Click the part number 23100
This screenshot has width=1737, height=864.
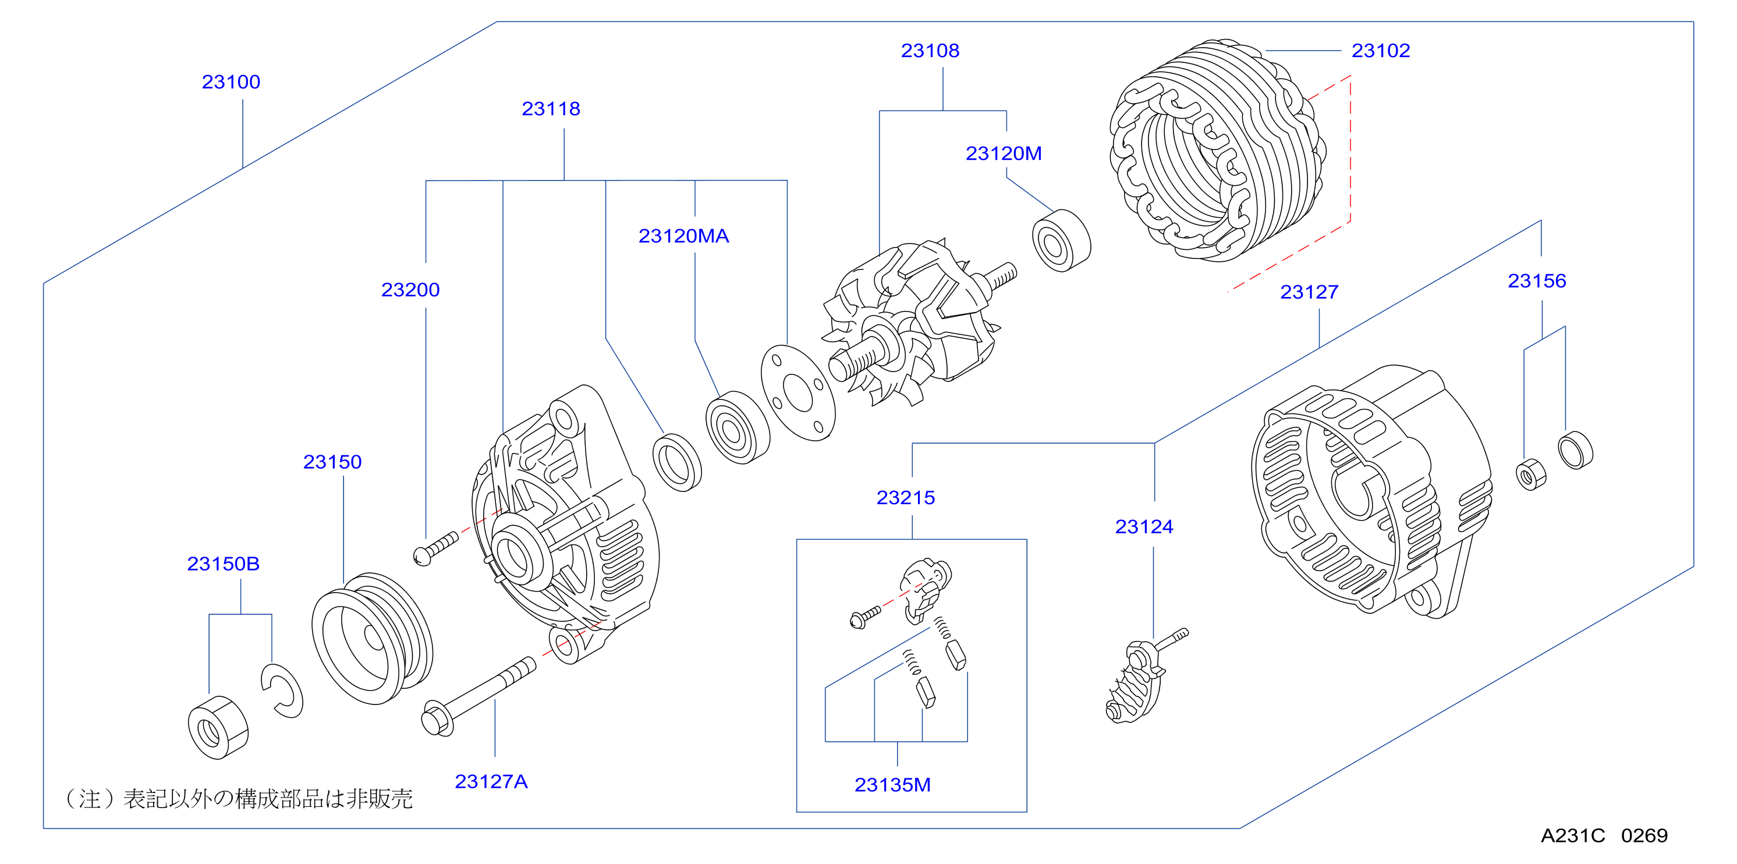coord(231,82)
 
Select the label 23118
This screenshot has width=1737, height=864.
coord(551,109)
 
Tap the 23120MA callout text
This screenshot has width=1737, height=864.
coord(684,235)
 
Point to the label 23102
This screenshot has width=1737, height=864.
coord(1380,51)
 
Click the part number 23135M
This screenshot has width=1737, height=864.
coord(892,784)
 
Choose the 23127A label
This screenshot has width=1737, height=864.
coord(491,781)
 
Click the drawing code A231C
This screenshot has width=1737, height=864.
coord(1572,835)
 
